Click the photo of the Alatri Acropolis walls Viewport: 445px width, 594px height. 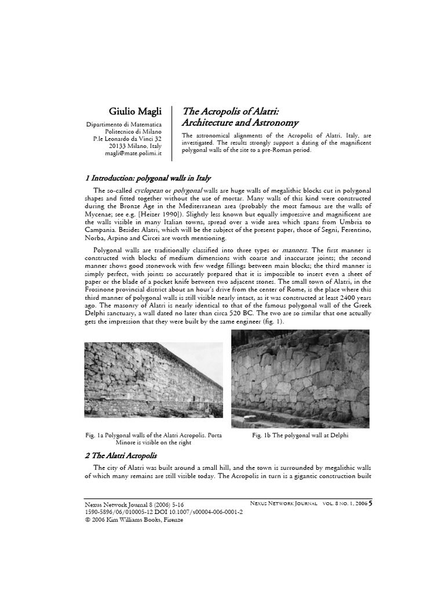coord(154,381)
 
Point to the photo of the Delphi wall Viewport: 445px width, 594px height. coord(300,377)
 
